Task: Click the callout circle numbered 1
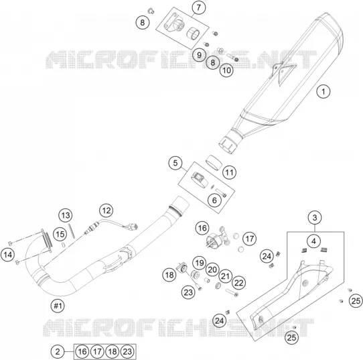[323, 91]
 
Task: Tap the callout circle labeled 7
[199, 7]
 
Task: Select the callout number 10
[226, 70]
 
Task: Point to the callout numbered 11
[229, 172]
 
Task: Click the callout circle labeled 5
[175, 163]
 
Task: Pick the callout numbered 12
[106, 211]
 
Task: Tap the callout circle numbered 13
[65, 215]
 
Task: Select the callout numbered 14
[7, 255]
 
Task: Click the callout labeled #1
[58, 306]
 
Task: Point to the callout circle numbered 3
[315, 217]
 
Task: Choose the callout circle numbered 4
[313, 241]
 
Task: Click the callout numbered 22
[238, 283]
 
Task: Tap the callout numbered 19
[200, 263]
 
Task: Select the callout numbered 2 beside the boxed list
[58, 352]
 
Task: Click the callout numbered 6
[214, 200]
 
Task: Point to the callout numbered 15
[60, 234]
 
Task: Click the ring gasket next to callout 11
[214, 162]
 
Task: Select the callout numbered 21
[226, 276]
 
